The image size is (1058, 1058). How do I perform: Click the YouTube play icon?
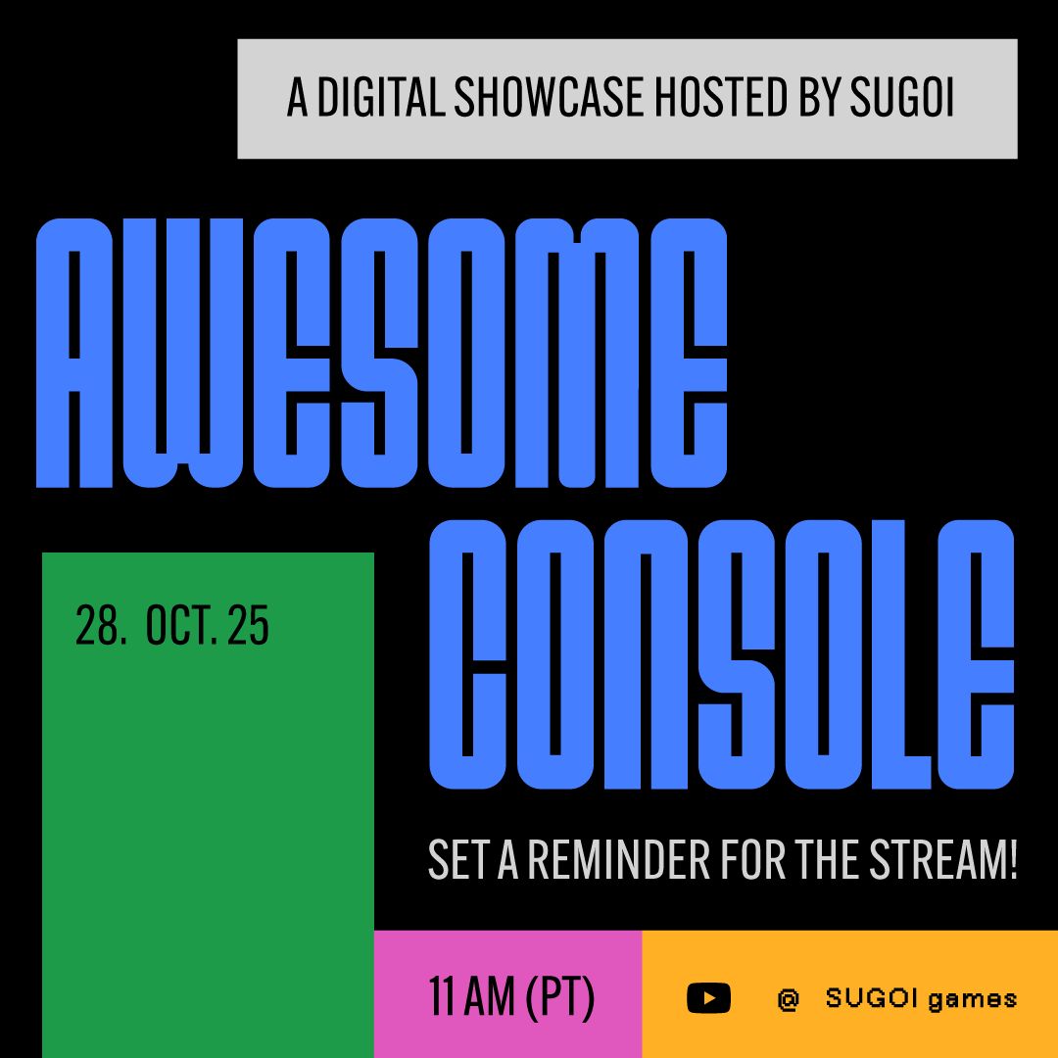click(x=708, y=998)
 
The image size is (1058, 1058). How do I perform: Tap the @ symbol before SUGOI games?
click(x=788, y=999)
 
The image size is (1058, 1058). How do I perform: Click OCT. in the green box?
click(x=181, y=627)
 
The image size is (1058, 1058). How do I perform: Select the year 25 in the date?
click(x=249, y=627)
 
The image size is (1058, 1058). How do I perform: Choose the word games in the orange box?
click(x=972, y=999)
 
